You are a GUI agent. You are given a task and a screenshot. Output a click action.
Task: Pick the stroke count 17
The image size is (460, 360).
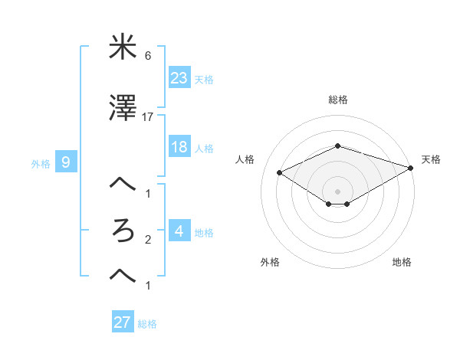[x=148, y=117]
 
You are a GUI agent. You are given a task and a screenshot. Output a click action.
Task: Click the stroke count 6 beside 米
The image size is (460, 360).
[x=147, y=56]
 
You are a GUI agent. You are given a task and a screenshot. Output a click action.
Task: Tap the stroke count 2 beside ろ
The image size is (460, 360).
[x=147, y=241]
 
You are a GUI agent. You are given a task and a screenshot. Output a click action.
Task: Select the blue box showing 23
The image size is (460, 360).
[x=179, y=77]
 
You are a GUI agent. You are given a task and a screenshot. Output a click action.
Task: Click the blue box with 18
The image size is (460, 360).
[x=179, y=147]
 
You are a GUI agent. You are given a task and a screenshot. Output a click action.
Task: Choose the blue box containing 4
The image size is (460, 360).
[x=179, y=231]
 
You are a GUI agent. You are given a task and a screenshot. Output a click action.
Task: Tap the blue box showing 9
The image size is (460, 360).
[x=66, y=162]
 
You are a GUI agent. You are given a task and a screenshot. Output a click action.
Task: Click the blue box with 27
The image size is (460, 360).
[x=122, y=322]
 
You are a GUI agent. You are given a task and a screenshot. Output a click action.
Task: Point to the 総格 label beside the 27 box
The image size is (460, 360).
[x=148, y=324]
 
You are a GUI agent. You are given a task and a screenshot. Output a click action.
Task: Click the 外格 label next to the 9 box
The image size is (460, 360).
[x=41, y=163]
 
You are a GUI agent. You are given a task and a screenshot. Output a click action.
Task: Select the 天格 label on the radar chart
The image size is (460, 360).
[x=431, y=159]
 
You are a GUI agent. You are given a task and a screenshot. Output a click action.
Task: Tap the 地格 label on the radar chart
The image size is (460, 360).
[x=402, y=262]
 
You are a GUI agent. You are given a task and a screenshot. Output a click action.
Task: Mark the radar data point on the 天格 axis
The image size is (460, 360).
[x=412, y=166]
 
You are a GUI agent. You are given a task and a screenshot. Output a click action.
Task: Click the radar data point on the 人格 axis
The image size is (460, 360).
[x=280, y=172]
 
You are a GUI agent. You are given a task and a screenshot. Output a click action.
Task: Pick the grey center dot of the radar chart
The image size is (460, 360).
[x=337, y=191]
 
